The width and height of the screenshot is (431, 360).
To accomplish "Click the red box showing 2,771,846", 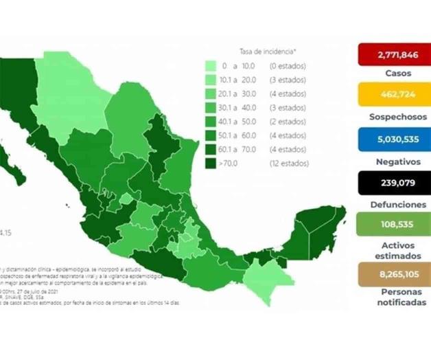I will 394,55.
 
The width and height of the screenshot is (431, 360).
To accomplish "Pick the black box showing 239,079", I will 394,183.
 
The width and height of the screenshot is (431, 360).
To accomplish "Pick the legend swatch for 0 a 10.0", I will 211,67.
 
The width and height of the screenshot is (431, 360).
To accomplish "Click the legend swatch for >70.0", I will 211,164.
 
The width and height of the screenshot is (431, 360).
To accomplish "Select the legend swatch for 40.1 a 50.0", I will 211,122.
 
